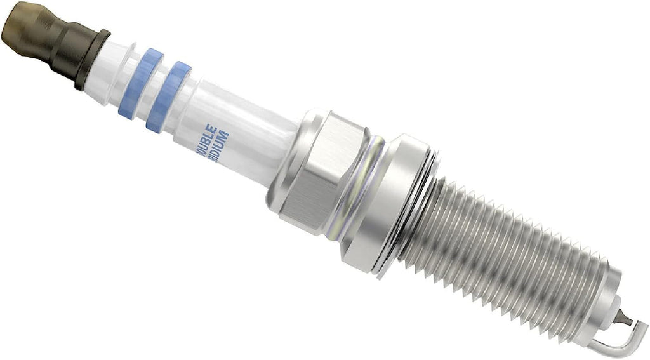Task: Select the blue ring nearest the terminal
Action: click(137, 83)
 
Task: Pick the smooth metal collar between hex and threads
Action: click(394, 203)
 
